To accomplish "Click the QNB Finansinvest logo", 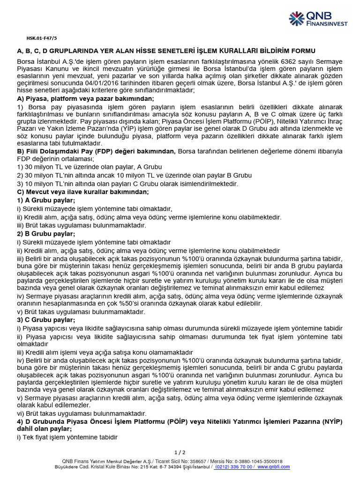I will [318, 19].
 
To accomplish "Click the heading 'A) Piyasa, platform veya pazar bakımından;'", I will [85, 98].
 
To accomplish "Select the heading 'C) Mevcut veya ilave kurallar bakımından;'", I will [83, 192].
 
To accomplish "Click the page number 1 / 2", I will [180, 452].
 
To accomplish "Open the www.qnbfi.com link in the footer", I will [273, 467].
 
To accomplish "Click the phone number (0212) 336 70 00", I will [234, 467].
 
